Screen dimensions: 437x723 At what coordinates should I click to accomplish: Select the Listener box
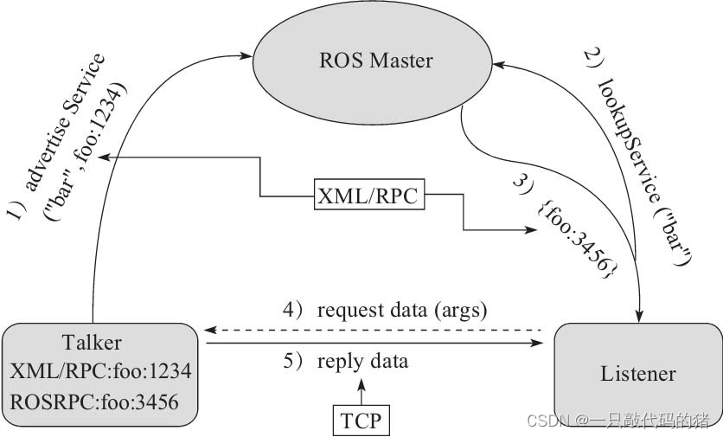pyautogui.click(x=637, y=373)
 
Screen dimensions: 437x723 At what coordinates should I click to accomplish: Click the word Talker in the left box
pyautogui.click(x=93, y=343)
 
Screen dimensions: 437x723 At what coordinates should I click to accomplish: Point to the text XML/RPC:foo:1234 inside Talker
pyautogui.click(x=100, y=371)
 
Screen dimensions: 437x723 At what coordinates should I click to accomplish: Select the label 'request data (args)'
pyautogui.click(x=402, y=309)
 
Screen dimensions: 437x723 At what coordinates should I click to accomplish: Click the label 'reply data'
pyautogui.click(x=362, y=361)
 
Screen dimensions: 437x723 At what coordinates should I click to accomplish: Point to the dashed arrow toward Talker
pyautogui.click(x=372, y=330)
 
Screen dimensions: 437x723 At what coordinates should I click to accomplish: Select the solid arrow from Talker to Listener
pyautogui.click(x=372, y=344)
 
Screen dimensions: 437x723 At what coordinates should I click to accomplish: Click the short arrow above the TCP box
pyautogui.click(x=361, y=394)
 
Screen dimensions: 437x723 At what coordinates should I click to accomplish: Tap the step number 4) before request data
pyautogui.click(x=294, y=309)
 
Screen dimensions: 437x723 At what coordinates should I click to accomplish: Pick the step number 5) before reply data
pyautogui.click(x=294, y=361)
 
